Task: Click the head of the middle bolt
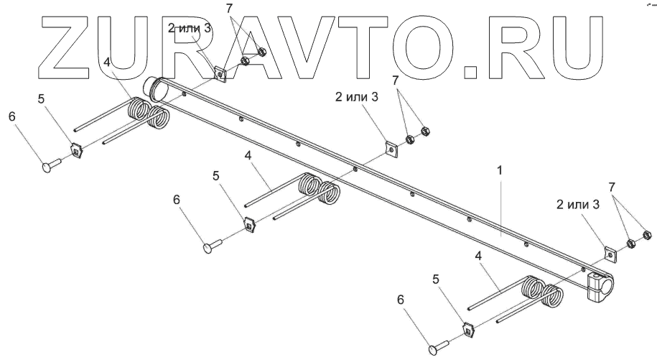207,247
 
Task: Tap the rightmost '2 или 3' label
577,205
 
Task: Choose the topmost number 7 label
229,8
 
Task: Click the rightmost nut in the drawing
645,235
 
